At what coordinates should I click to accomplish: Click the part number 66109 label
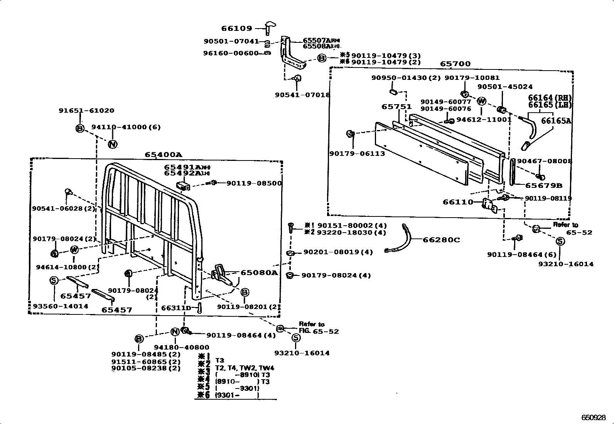pos(236,28)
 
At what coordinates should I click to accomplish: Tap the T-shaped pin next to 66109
pos(270,28)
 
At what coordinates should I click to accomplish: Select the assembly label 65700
pos(455,64)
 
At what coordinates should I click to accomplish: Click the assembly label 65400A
pos(163,155)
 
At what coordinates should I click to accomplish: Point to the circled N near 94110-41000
pos(112,144)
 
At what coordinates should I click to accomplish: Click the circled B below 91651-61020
pos(79,128)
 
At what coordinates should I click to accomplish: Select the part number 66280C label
pos(441,240)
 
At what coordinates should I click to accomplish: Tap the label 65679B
pos(543,186)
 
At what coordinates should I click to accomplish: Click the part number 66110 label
pos(458,202)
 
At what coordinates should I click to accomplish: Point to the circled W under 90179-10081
pos(481,101)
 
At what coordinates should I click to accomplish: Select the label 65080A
pos(259,272)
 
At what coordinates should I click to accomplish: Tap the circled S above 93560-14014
pos(54,280)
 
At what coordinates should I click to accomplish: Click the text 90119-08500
pos(254,183)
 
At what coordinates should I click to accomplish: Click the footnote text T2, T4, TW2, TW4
pos(245,368)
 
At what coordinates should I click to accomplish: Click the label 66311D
pos(176,308)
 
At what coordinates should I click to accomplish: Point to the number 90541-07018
pos(302,95)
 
